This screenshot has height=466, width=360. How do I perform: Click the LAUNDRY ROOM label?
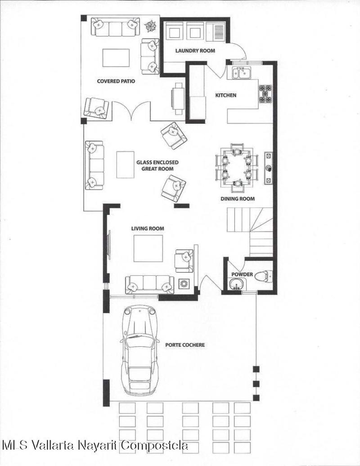[x=195, y=51]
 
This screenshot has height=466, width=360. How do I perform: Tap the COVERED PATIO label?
[x=116, y=81]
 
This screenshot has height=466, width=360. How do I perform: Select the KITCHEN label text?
[x=226, y=95]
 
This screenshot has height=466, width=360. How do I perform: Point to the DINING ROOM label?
[x=238, y=198]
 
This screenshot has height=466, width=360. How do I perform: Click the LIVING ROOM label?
[x=148, y=229]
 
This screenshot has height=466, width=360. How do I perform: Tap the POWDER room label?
[x=242, y=274]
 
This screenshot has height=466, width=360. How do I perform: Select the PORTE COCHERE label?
[x=185, y=345]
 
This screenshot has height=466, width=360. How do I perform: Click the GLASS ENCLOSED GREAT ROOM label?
[x=157, y=166]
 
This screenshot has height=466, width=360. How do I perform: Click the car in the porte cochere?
[x=139, y=351]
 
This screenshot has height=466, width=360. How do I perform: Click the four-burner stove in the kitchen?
[x=265, y=94]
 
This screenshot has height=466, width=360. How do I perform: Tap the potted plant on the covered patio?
[x=151, y=26]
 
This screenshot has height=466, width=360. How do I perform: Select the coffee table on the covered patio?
[x=116, y=58]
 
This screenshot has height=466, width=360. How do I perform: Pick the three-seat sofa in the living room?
[x=149, y=285]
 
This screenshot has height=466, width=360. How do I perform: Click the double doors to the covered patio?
[x=131, y=111]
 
